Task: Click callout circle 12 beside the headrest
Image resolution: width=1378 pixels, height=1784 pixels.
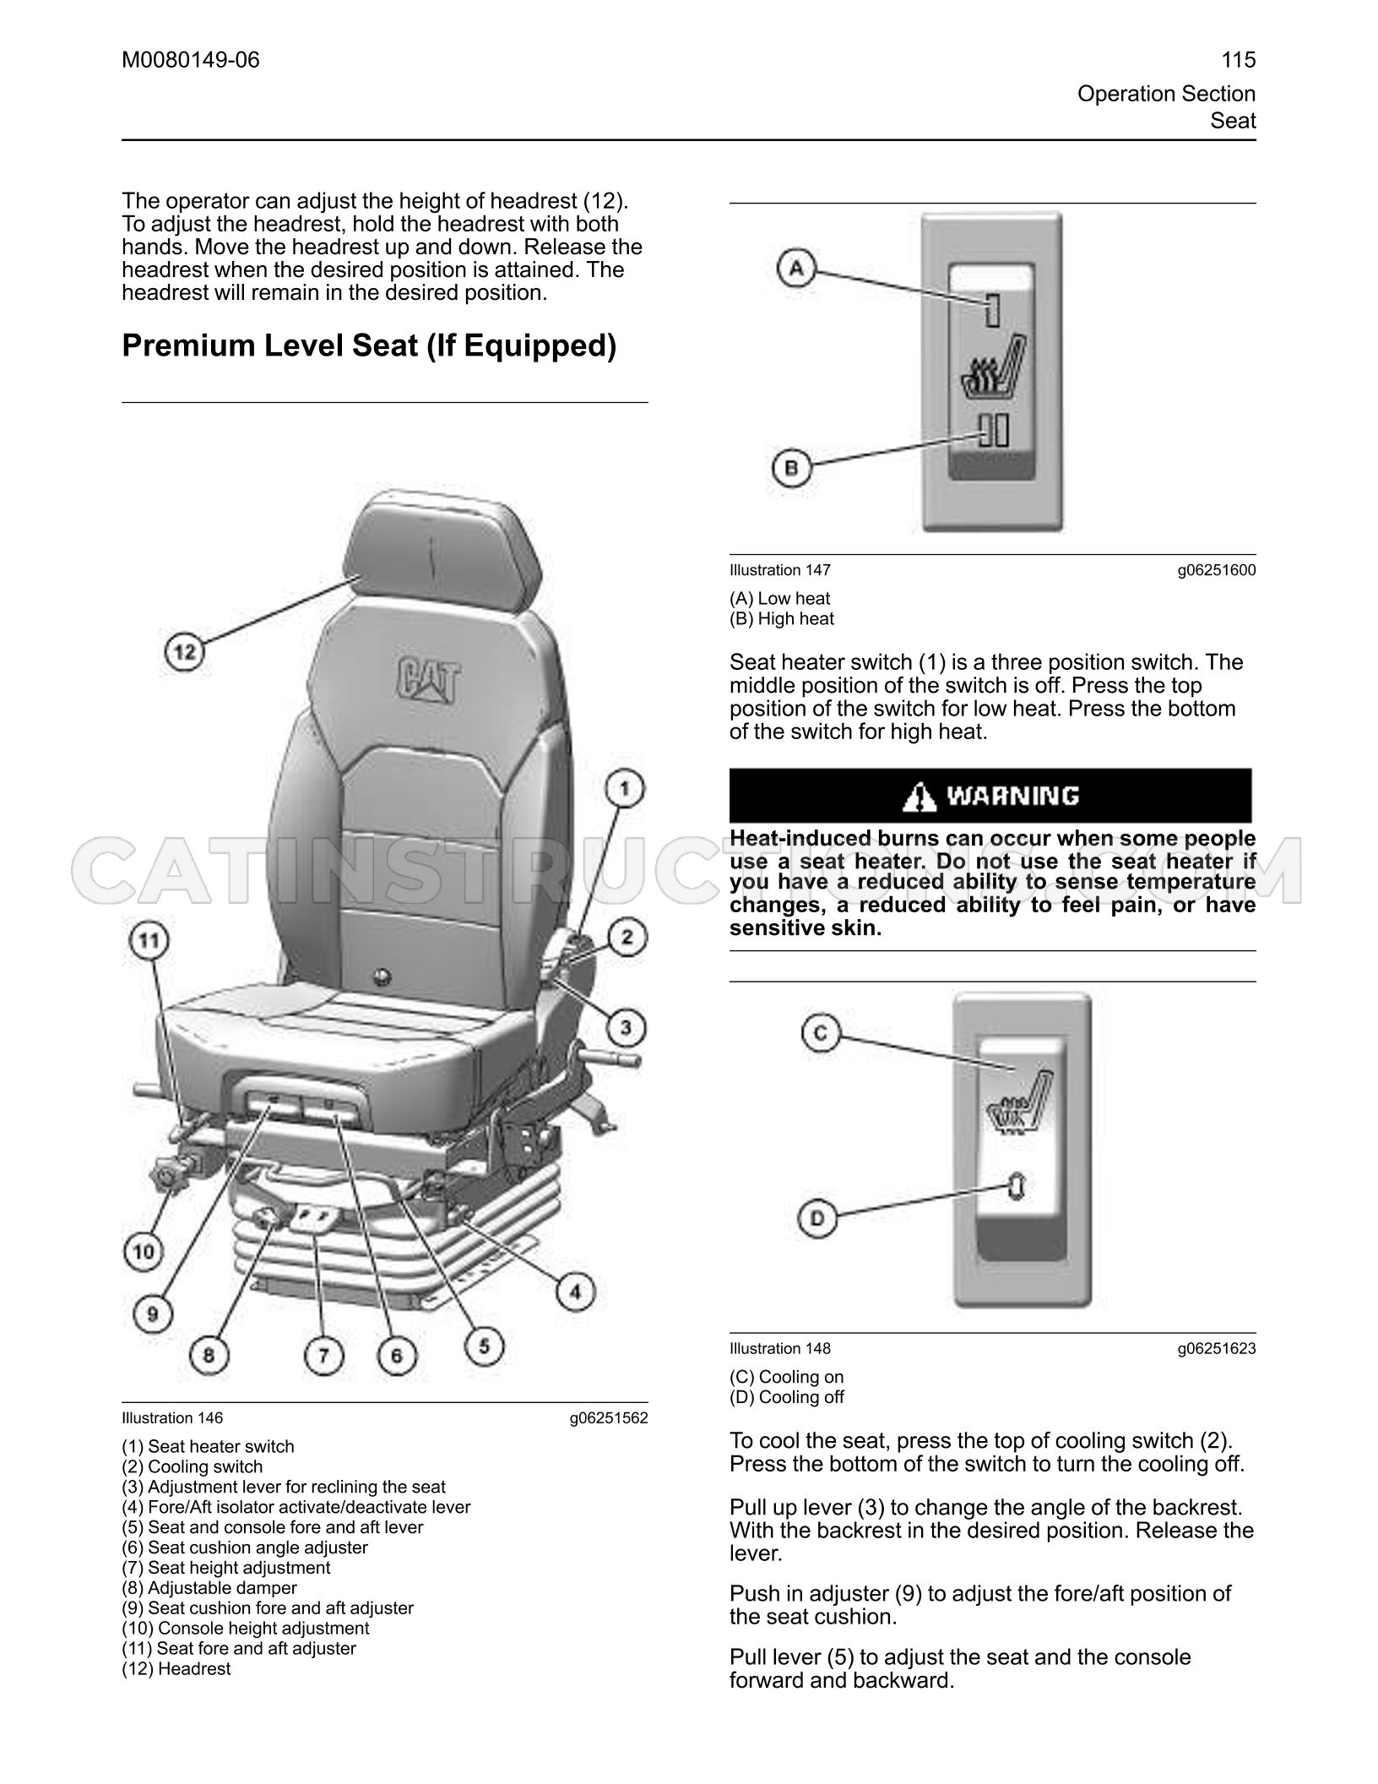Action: point(185,652)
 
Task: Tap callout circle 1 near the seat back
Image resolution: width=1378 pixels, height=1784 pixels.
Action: point(624,790)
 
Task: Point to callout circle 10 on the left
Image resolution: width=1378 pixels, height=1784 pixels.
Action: point(144,1252)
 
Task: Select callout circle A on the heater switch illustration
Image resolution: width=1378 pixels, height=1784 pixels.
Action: point(796,269)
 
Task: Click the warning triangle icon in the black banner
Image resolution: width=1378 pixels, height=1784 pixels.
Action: point(920,796)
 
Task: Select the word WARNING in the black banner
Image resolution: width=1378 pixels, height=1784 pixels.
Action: point(1012,796)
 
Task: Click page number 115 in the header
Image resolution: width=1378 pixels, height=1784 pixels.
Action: point(1239,60)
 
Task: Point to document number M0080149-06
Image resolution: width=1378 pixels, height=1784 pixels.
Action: point(191,60)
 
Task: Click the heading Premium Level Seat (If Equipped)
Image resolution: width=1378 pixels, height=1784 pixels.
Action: point(369,345)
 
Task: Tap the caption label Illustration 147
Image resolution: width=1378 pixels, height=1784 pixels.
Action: point(780,570)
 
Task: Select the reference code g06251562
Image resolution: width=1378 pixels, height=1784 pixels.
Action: point(609,1418)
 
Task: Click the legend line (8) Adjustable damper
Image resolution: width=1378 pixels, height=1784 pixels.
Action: point(209,1587)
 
